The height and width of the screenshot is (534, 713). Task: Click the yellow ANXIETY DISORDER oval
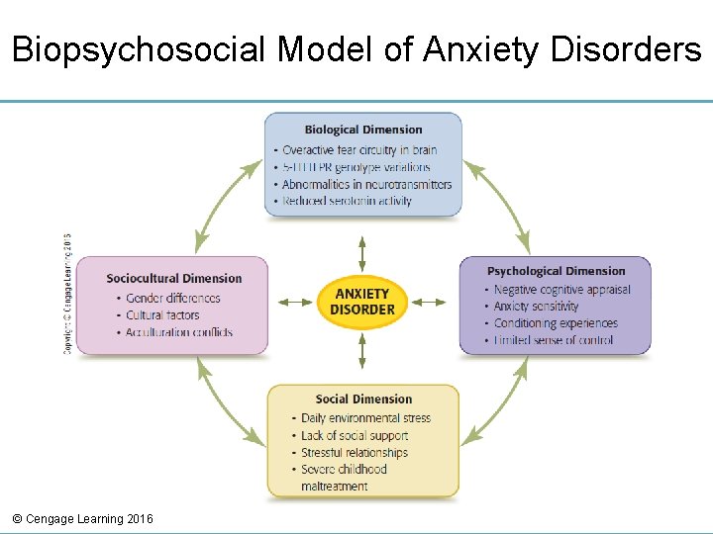pos(362,302)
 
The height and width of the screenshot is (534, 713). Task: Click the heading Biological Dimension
pos(363,130)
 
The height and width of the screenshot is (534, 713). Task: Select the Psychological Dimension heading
pos(557,271)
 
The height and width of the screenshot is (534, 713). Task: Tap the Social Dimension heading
pos(363,400)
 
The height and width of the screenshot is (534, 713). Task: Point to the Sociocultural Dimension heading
pos(174,279)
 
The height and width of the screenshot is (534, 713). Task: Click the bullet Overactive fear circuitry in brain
pos(359,150)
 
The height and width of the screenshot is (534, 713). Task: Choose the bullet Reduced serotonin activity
pos(347,201)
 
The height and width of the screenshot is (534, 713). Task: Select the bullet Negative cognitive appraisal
pos(561,290)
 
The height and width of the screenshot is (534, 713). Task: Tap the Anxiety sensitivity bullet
pos(536,307)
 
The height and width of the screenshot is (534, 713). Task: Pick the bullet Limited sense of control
pos(554,340)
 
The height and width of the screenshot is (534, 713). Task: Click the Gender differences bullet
pos(173,298)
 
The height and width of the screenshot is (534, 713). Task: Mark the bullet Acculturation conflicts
pos(179,332)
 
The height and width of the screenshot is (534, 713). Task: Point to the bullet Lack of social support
pos(355,435)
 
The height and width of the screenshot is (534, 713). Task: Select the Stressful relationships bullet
pos(355,452)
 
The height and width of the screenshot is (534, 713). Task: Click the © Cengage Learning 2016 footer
pos(83,519)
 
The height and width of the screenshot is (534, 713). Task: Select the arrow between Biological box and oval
pos(362,253)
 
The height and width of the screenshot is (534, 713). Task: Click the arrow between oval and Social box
pos(362,350)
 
